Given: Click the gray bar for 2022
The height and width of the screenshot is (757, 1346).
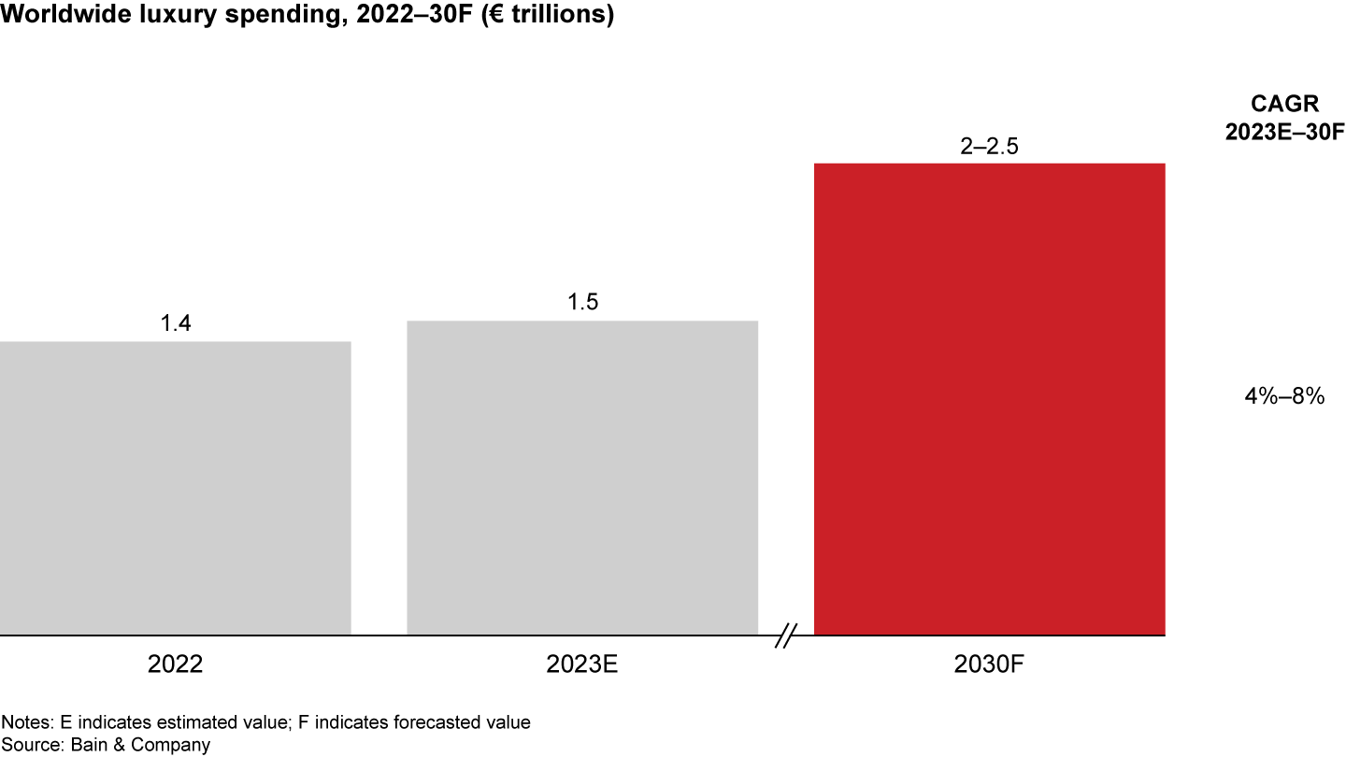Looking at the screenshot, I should (175, 488).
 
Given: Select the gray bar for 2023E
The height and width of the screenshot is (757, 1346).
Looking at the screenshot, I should (582, 478).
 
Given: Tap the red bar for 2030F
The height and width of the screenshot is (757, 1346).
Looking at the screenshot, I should (989, 399).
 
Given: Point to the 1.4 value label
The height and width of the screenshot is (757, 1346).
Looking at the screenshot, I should (175, 323).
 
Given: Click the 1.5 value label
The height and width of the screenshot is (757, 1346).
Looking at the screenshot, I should (582, 303).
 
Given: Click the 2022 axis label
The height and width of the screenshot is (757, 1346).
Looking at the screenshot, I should (175, 664).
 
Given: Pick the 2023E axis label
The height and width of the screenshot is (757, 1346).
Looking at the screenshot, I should (582, 664).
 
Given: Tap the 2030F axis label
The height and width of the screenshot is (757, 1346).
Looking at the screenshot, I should (989, 664).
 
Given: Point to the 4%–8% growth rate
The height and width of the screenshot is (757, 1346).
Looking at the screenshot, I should (1284, 396).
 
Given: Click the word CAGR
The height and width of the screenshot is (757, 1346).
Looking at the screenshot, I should (1284, 105).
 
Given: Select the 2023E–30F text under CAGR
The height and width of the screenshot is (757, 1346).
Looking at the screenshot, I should (1284, 132).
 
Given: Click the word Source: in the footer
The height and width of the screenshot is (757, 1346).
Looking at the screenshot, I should (30, 745).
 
